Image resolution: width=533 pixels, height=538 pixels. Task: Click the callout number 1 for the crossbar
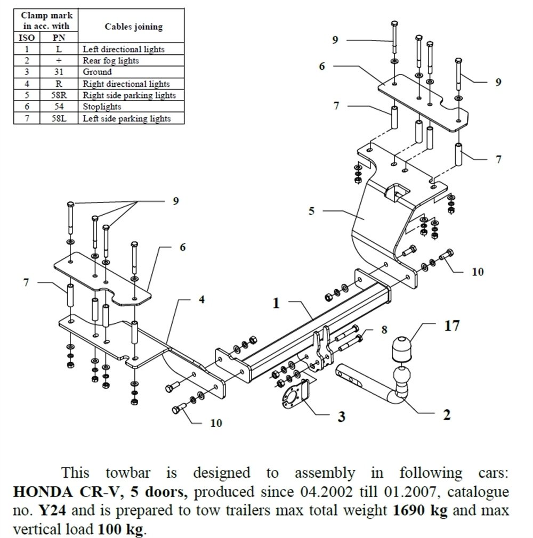tap(276, 304)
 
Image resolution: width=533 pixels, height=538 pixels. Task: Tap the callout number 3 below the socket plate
tap(342, 416)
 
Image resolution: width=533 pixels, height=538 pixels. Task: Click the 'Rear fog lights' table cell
tap(111, 61)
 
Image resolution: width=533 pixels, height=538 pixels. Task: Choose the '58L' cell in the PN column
tap(59, 119)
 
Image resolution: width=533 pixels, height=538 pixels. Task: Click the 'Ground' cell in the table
tap(97, 72)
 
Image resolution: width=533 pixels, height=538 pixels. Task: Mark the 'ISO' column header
tap(27, 38)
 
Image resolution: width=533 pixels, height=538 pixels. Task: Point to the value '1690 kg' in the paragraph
tap(420, 510)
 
